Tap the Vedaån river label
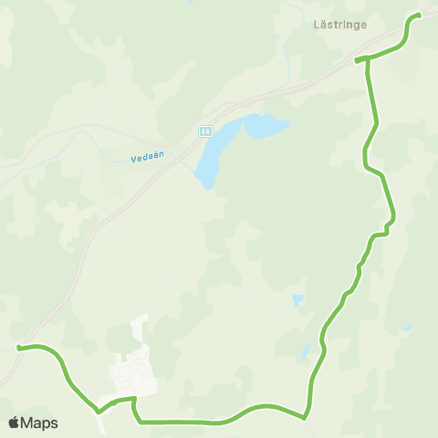pyautogui.click(x=147, y=157)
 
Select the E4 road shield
pyautogui.click(x=206, y=130)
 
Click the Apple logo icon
pyautogui.click(x=14, y=422)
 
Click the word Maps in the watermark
pyautogui.click(x=39, y=422)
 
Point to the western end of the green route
pyautogui.click(x=18, y=347)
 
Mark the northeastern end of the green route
pyautogui.click(x=418, y=16)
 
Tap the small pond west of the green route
pyautogui.click(x=297, y=299)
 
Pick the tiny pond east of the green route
pyautogui.click(x=408, y=327)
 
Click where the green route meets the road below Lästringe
pyautogui.click(x=357, y=60)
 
